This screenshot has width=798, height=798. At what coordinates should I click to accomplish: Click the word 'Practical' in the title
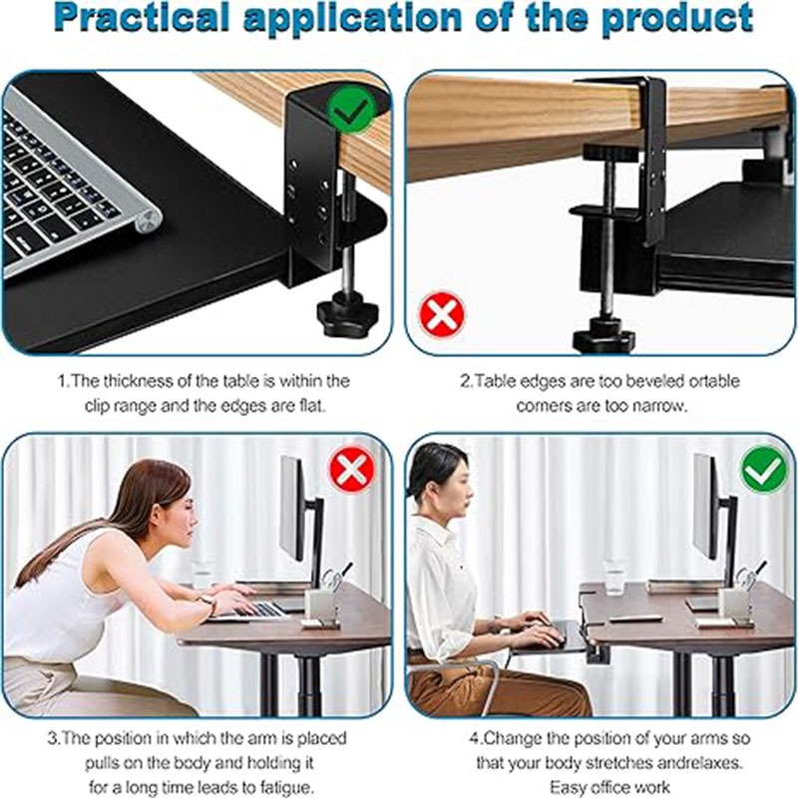(x=144, y=18)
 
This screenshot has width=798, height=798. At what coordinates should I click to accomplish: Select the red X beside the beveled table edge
(x=442, y=314)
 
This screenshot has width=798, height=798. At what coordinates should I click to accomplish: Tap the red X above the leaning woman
(x=352, y=469)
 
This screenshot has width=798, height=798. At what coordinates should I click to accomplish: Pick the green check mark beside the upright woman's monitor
(x=764, y=469)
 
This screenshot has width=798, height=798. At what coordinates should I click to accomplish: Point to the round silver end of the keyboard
(x=151, y=220)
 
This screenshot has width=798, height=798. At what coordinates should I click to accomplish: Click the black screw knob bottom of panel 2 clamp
(x=604, y=337)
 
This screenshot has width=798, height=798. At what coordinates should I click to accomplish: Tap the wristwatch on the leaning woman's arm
(x=208, y=602)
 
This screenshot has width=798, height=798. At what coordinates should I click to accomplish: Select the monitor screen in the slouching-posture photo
(x=291, y=508)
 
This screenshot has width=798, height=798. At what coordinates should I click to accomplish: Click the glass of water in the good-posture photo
(x=613, y=578)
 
